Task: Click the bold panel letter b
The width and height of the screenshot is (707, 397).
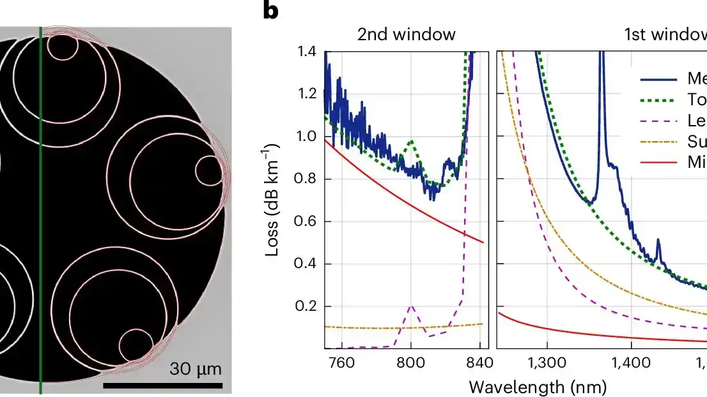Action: click(x=271, y=11)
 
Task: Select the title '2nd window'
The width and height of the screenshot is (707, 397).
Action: click(x=406, y=34)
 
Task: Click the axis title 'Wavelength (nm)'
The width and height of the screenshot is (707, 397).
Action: click(x=538, y=386)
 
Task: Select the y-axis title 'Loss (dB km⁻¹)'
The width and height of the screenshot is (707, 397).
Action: click(x=274, y=200)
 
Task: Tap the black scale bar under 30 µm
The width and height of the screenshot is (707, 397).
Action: click(x=162, y=386)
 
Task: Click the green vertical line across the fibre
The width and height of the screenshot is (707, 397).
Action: click(x=40, y=211)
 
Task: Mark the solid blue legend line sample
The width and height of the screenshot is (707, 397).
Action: click(x=658, y=80)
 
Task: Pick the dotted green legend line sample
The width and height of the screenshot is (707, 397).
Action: click(x=658, y=101)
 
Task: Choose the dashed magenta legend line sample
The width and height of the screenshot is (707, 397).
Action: click(x=658, y=121)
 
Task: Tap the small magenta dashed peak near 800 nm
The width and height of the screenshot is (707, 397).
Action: click(x=411, y=308)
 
